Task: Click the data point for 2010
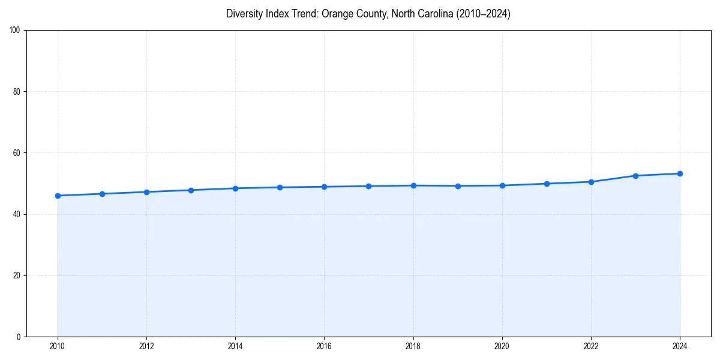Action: [58, 196]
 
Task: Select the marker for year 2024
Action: [680, 173]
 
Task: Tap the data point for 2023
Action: [635, 176]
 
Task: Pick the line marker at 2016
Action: [324, 187]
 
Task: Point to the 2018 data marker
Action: [413, 185]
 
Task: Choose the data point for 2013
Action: [191, 190]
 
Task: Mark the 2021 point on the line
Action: [547, 184]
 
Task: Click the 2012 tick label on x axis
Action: [146, 346]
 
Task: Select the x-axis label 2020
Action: [502, 346]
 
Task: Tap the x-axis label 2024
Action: [680, 346]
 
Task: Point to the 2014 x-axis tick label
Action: [235, 346]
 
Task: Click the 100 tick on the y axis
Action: [16, 31]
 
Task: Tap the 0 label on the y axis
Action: [19, 337]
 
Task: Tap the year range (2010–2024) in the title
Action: [483, 14]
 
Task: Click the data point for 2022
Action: [591, 182]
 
